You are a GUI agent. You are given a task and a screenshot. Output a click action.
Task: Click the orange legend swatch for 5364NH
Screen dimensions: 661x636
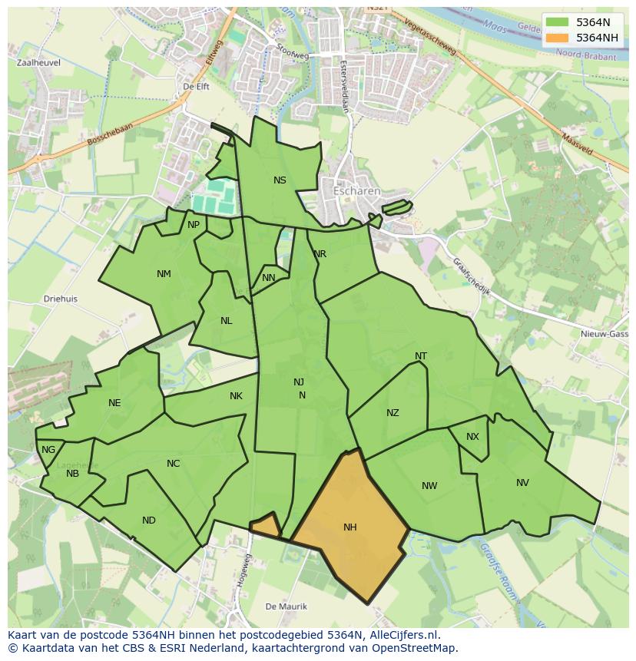click(558, 38)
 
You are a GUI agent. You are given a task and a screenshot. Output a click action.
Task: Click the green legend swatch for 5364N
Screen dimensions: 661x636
click(558, 22)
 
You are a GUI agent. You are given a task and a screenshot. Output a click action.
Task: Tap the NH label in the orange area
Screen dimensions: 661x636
click(350, 527)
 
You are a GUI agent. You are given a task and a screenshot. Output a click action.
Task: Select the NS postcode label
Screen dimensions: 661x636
click(280, 180)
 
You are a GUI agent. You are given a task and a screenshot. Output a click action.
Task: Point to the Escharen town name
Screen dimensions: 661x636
click(356, 190)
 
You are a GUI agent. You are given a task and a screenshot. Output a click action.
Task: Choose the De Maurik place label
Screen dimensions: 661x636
click(286, 606)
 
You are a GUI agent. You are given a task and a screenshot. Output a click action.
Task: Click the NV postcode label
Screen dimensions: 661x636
click(522, 483)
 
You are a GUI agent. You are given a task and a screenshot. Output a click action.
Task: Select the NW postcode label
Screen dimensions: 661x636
click(429, 486)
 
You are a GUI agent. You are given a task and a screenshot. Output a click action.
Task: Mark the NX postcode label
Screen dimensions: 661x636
click(472, 437)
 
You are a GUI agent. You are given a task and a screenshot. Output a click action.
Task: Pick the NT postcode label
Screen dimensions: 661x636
click(421, 356)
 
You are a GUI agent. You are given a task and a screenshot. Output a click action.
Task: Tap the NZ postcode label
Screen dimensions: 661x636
click(393, 413)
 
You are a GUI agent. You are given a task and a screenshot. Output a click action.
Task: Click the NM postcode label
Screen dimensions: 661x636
click(164, 274)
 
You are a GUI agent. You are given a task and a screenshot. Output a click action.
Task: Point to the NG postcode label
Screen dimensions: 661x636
click(48, 450)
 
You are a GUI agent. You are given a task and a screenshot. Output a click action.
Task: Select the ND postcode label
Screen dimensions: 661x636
click(149, 521)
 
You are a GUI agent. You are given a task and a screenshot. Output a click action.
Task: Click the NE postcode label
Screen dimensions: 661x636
click(114, 403)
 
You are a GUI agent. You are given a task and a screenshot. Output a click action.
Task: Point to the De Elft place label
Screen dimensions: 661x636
click(196, 88)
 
